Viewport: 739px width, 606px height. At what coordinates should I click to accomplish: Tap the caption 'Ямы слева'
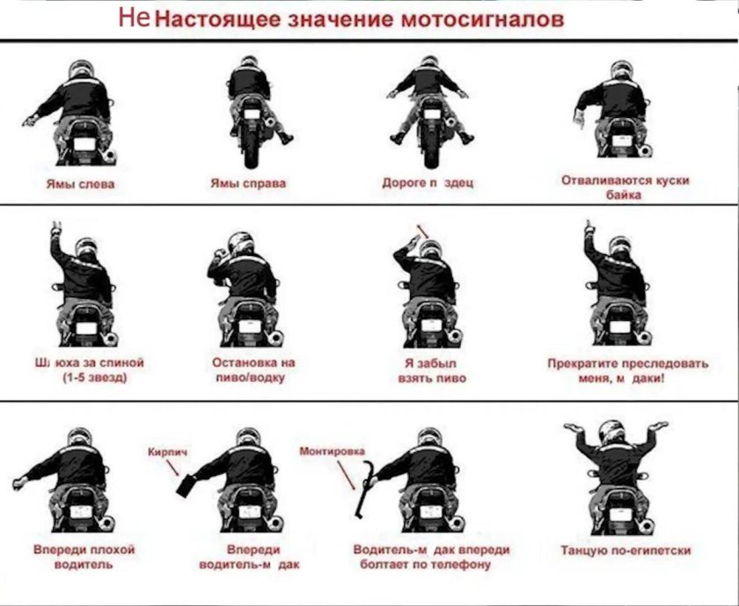80,184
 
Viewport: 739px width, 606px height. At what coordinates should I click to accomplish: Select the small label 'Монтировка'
332,450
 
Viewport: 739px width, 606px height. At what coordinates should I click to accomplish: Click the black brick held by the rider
187,484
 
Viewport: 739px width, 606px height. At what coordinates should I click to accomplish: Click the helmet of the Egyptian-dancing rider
608,431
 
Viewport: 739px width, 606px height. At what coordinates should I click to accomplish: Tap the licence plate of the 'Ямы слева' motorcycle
85,142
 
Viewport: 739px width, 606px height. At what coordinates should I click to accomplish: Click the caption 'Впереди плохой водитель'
84,556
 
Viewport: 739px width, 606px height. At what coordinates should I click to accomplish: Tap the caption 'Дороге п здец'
428,184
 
